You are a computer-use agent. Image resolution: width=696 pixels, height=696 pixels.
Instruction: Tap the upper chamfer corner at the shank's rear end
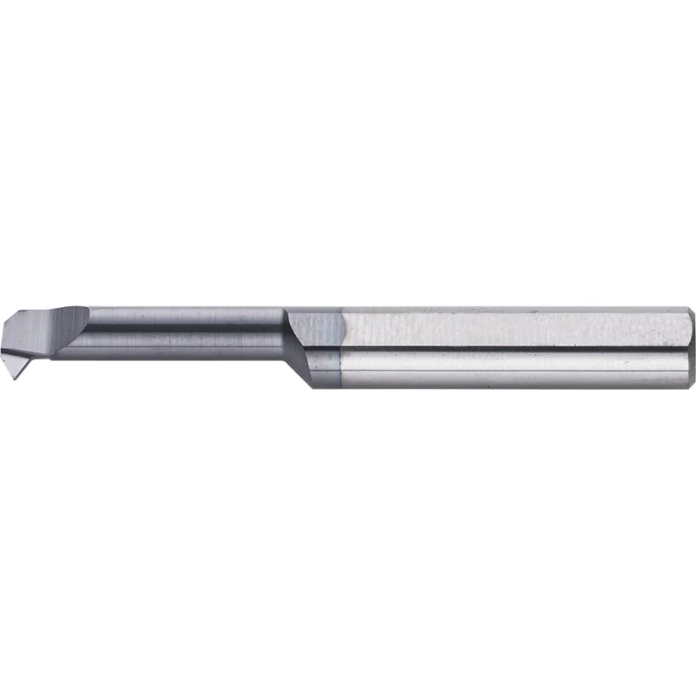(686, 310)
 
